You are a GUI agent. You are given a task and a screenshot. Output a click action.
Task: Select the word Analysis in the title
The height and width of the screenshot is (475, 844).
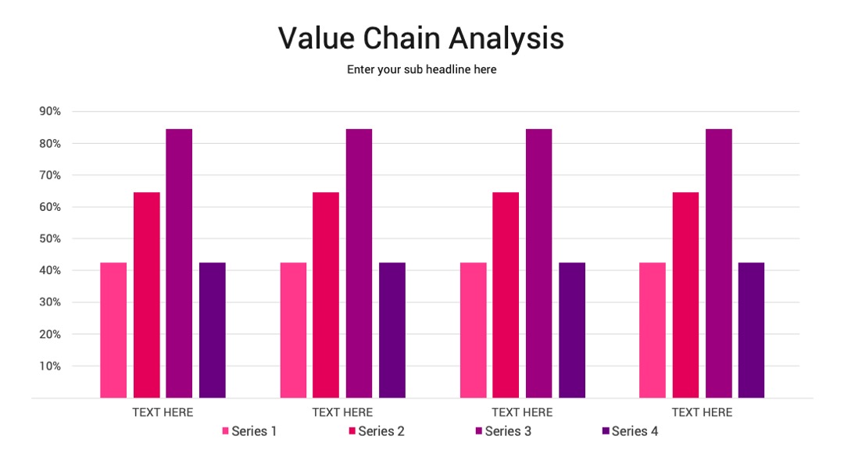[506, 39]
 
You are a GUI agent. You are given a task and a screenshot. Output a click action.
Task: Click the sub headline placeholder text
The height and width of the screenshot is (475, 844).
[421, 70]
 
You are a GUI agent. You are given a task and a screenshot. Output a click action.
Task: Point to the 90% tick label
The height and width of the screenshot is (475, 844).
[50, 112]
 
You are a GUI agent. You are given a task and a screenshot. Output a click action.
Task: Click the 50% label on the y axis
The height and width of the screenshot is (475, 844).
[50, 239]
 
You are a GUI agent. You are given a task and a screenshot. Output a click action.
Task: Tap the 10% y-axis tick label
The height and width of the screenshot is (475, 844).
[50, 366]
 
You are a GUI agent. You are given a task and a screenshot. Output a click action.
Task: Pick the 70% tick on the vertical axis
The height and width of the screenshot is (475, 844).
[50, 175]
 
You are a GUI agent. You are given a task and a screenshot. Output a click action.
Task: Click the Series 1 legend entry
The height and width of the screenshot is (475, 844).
[249, 431]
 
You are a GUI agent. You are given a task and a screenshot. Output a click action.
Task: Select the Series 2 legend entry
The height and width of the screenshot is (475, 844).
[377, 431]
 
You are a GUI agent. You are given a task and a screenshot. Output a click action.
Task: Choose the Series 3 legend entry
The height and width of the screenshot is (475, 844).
[503, 431]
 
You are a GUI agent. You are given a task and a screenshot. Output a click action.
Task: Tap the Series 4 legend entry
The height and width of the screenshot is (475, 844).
[630, 431]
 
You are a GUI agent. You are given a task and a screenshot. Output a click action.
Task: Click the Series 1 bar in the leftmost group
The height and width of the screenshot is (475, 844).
[113, 330]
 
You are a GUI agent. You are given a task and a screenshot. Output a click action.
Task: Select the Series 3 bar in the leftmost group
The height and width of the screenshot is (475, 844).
[179, 263]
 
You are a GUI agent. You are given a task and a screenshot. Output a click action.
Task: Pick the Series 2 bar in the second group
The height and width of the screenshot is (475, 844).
[326, 295]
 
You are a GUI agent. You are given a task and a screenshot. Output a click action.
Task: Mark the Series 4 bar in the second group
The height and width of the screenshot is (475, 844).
[392, 330]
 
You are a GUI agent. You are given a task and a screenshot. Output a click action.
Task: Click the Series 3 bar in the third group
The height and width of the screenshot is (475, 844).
[538, 263]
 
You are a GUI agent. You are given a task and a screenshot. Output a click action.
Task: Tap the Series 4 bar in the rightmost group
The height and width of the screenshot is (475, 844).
[752, 330]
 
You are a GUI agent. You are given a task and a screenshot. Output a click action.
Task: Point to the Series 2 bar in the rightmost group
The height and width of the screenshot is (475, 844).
[686, 295]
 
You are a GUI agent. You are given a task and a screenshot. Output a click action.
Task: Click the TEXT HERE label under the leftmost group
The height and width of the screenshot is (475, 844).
[163, 412]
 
